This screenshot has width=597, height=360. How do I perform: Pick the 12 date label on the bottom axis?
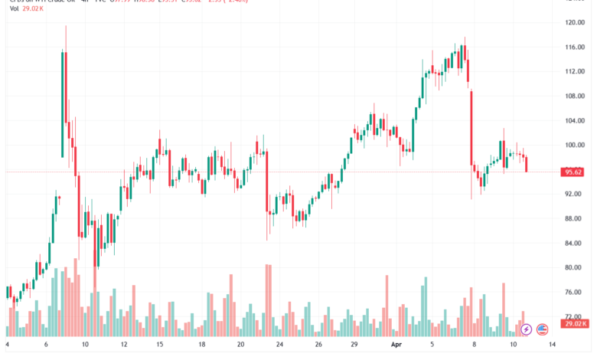tap(124, 346)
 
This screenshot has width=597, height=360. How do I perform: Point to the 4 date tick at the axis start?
tap(7, 346)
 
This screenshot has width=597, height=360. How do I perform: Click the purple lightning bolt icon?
tap(527, 329)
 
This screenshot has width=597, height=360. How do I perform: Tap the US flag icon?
tap(543, 329)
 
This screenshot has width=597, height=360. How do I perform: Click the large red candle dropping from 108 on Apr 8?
tap(471, 127)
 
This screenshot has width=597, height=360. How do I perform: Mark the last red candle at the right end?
tap(526, 164)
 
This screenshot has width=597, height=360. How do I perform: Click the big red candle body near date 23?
tap(266, 180)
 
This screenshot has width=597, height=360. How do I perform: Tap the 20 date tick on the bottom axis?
tap(239, 346)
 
